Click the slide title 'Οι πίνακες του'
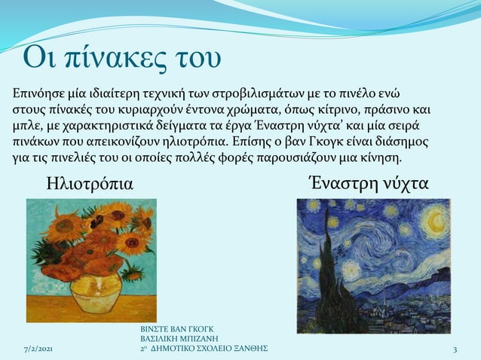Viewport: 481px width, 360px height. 121,58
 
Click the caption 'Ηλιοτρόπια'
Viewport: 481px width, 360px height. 90,183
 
